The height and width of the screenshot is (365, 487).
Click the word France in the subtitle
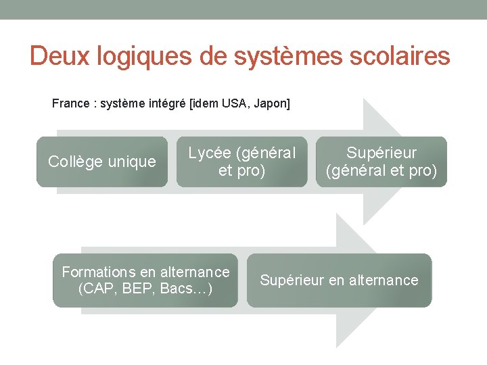tap(70, 103)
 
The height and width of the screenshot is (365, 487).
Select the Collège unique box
tap(102, 162)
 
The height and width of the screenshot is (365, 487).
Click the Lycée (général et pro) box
tap(241, 162)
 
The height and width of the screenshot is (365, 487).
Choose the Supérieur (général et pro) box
tap(381, 162)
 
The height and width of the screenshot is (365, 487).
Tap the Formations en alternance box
tap(145, 281)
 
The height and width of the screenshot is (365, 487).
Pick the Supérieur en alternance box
tap(339, 281)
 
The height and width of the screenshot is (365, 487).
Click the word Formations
tap(99, 272)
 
